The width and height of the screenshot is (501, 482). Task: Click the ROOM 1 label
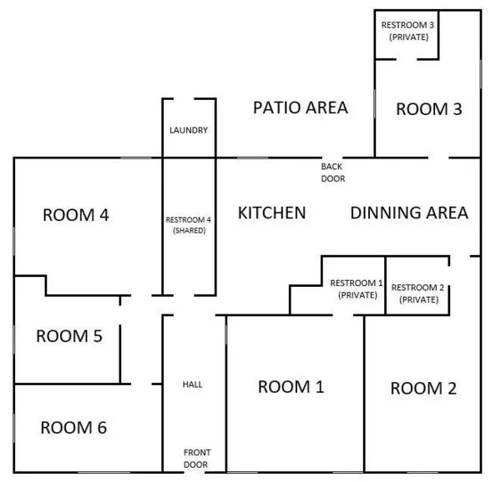tap(291, 386)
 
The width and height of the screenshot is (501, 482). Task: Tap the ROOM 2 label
tap(423, 388)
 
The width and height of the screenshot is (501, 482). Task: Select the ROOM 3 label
tap(428, 108)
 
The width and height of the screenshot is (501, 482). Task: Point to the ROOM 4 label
tap(76, 214)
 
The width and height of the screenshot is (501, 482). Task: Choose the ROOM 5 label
tap(68, 336)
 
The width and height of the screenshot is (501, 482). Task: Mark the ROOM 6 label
tap(73, 428)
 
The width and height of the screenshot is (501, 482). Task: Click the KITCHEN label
tap(272, 213)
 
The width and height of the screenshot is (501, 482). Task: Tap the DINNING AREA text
tap(408, 213)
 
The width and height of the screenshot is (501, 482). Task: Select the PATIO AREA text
tap(300, 108)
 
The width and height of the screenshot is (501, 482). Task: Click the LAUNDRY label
tap(189, 130)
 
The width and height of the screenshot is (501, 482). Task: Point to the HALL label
tap(193, 384)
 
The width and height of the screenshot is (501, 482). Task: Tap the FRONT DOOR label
tap(196, 459)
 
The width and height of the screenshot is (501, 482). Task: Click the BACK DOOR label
tap(332, 173)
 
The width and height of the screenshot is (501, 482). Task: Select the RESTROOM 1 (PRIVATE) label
tap(357, 289)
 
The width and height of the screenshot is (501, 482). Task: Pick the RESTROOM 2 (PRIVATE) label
tap(418, 294)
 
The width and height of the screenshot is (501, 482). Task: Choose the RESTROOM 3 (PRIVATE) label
tap(407, 31)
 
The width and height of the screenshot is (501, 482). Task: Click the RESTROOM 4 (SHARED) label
tap(189, 224)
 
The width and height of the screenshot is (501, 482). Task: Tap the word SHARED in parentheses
tap(189, 230)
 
